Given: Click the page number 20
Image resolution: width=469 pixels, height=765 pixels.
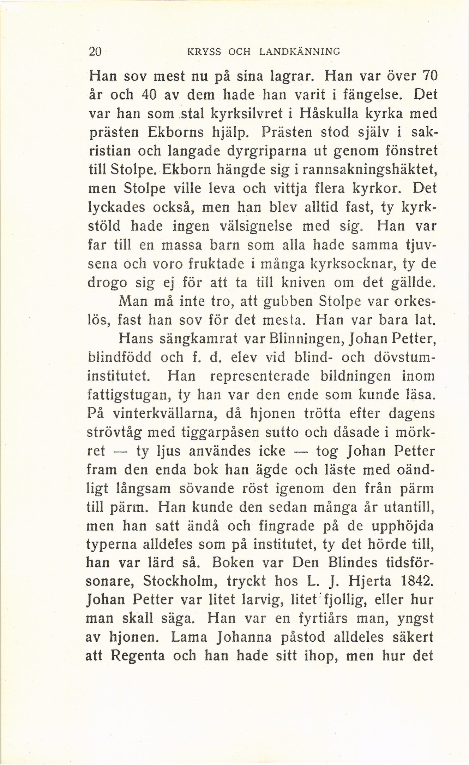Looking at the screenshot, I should [95, 52].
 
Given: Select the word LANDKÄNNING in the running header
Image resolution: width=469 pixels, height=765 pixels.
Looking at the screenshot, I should [300, 52].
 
